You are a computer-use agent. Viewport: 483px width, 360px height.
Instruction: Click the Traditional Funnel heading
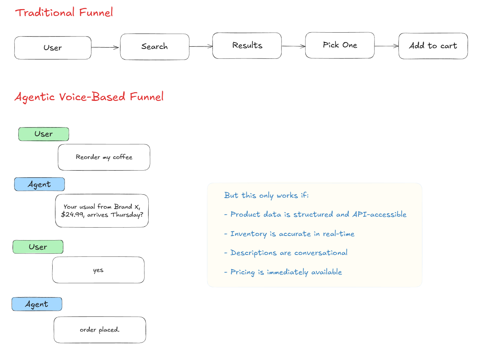point(64,13)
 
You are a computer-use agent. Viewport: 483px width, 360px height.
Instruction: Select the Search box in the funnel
point(154,47)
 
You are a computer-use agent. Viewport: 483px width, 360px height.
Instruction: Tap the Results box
point(247,46)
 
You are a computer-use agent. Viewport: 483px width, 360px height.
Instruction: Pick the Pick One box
point(340,45)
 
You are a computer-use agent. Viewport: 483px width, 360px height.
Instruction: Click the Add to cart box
point(433,46)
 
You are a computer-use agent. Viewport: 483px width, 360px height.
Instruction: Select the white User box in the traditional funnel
point(53,48)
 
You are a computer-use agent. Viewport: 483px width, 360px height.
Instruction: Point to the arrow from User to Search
point(105,47)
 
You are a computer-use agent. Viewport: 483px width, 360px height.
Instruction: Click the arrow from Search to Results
point(201,47)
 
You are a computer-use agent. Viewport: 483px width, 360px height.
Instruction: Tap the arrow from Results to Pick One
point(293,46)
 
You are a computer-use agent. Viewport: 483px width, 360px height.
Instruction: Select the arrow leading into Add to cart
point(386,46)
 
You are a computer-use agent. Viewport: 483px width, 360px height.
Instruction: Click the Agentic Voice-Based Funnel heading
point(89,97)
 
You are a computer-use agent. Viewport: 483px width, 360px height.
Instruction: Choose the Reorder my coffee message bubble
point(104,157)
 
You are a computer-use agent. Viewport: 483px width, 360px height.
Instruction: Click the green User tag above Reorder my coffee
point(44,134)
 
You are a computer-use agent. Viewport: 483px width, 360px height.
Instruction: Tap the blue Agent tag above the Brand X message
point(39,184)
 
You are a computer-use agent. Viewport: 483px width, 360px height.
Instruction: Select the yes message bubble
point(98,270)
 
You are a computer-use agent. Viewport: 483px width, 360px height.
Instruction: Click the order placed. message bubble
point(100,330)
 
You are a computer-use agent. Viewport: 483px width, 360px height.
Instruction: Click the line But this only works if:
point(266,195)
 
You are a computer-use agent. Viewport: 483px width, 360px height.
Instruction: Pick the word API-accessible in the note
point(379,214)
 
